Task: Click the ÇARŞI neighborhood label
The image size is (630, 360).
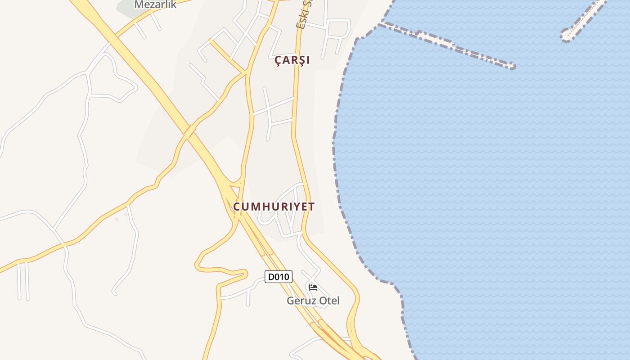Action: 292,60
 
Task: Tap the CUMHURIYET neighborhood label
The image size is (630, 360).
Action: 274,207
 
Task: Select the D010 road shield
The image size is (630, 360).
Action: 278,277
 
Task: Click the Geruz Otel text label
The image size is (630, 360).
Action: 313,301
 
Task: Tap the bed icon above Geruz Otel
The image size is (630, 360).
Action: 313,287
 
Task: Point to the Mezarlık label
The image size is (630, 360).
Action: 155,5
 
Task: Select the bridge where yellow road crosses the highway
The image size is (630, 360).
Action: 190,131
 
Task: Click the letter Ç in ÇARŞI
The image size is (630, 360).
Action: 278,60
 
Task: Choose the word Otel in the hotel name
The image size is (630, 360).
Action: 329,301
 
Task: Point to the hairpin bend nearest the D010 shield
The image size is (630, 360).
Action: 245,273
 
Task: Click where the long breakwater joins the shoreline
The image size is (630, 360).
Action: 381,24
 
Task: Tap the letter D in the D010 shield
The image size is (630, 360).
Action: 271,277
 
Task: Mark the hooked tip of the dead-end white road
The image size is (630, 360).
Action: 114,293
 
